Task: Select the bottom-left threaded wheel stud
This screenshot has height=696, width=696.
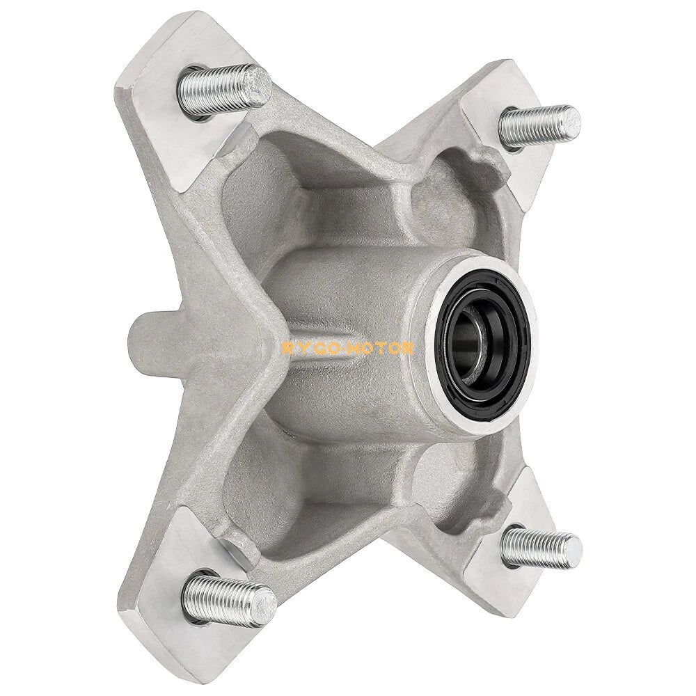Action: point(230,591)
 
